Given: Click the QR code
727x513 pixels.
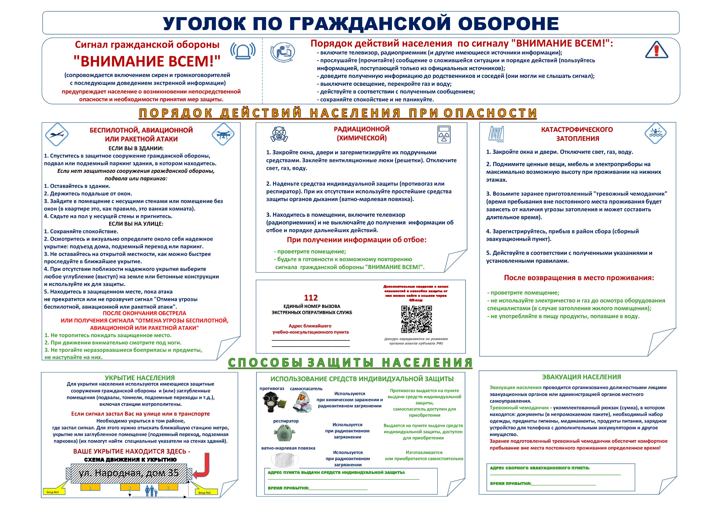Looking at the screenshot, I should pos(416,319).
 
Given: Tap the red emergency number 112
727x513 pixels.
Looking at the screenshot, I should pos(311,298).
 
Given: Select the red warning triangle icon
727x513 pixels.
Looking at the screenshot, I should pos(656,50).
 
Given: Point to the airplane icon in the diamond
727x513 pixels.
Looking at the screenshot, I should pos(57,134).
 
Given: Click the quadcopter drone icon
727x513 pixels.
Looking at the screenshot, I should pos(223,134).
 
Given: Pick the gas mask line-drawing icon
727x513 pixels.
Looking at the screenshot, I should pos(279,134).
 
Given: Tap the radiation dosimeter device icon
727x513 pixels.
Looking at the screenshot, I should pos(444,134).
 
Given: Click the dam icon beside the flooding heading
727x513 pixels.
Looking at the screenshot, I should pos(496,134).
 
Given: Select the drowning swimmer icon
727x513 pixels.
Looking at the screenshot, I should pos(655,133).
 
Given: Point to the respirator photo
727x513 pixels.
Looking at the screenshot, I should pos(284,433).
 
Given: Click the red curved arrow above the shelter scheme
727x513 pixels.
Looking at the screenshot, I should pos(203,467).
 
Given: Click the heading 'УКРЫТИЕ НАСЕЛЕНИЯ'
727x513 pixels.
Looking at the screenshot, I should pos(140,378).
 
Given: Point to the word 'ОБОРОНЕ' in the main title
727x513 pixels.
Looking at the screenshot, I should pos(508,24).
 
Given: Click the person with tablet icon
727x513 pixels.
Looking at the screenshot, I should pos(283,52).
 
